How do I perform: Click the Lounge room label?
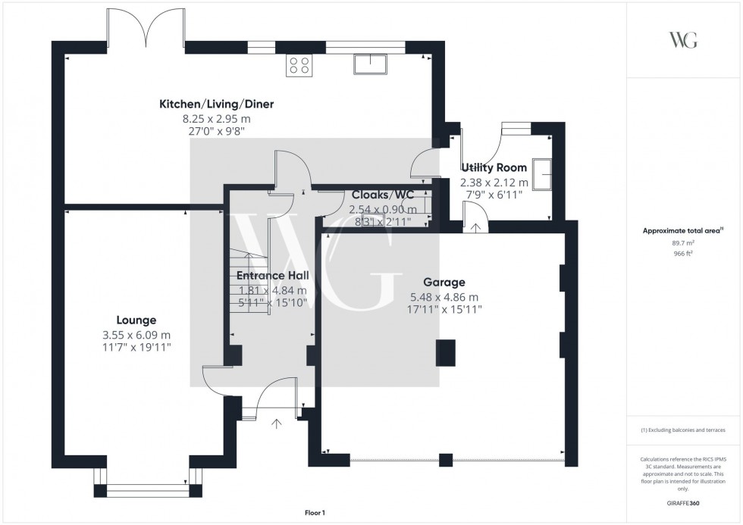click(x=136, y=320)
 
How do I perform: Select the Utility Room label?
click(x=494, y=167)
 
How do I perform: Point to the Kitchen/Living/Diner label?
click(x=216, y=104)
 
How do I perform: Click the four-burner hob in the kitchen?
click(x=298, y=66)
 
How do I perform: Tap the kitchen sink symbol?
click(x=370, y=64)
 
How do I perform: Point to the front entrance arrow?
click(x=276, y=423)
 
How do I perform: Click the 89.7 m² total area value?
click(x=684, y=242)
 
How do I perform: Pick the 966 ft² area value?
click(x=684, y=254)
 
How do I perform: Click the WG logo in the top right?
click(x=683, y=40)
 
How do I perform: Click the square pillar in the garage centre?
click(x=447, y=352)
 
